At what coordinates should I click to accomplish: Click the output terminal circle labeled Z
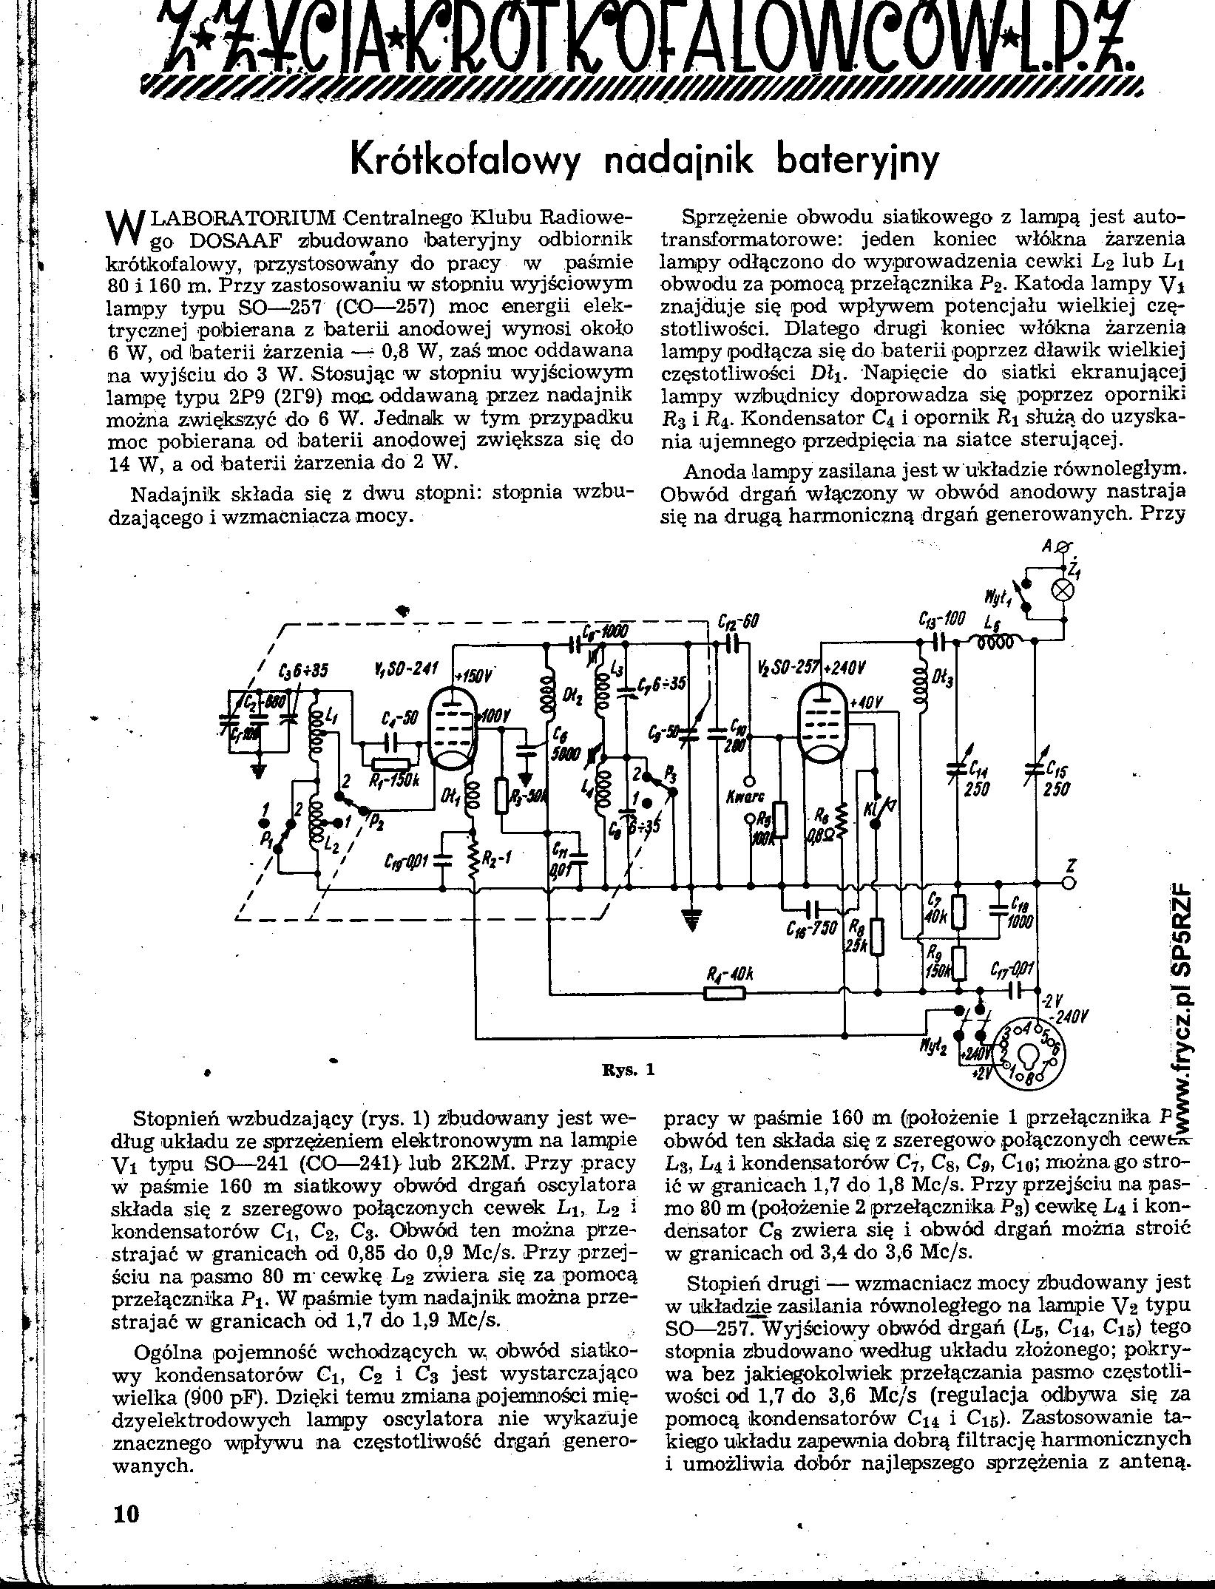(x=1067, y=883)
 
